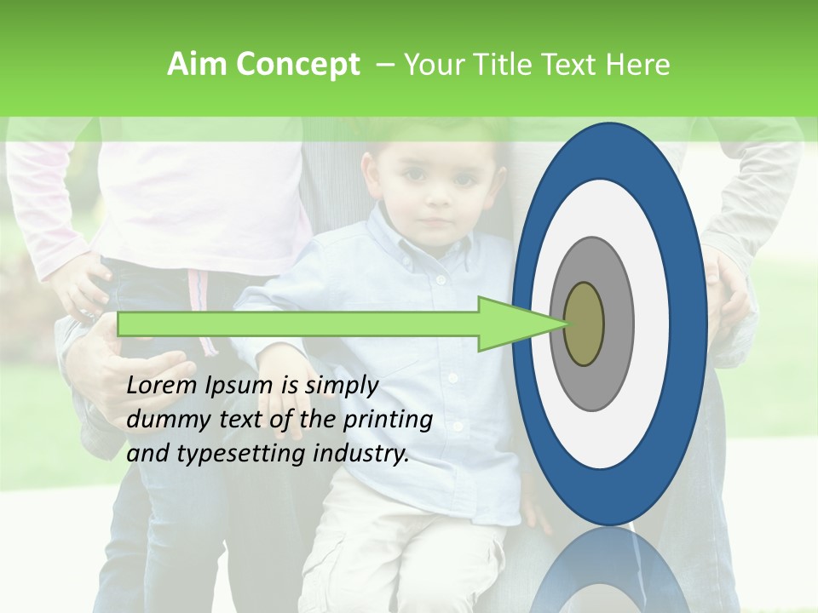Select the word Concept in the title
coord(298,65)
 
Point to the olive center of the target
coord(584,324)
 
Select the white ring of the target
coord(652,324)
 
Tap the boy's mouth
coord(437,224)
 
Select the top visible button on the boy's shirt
coord(441,279)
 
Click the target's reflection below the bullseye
coord(609,570)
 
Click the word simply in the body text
coord(341,386)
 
